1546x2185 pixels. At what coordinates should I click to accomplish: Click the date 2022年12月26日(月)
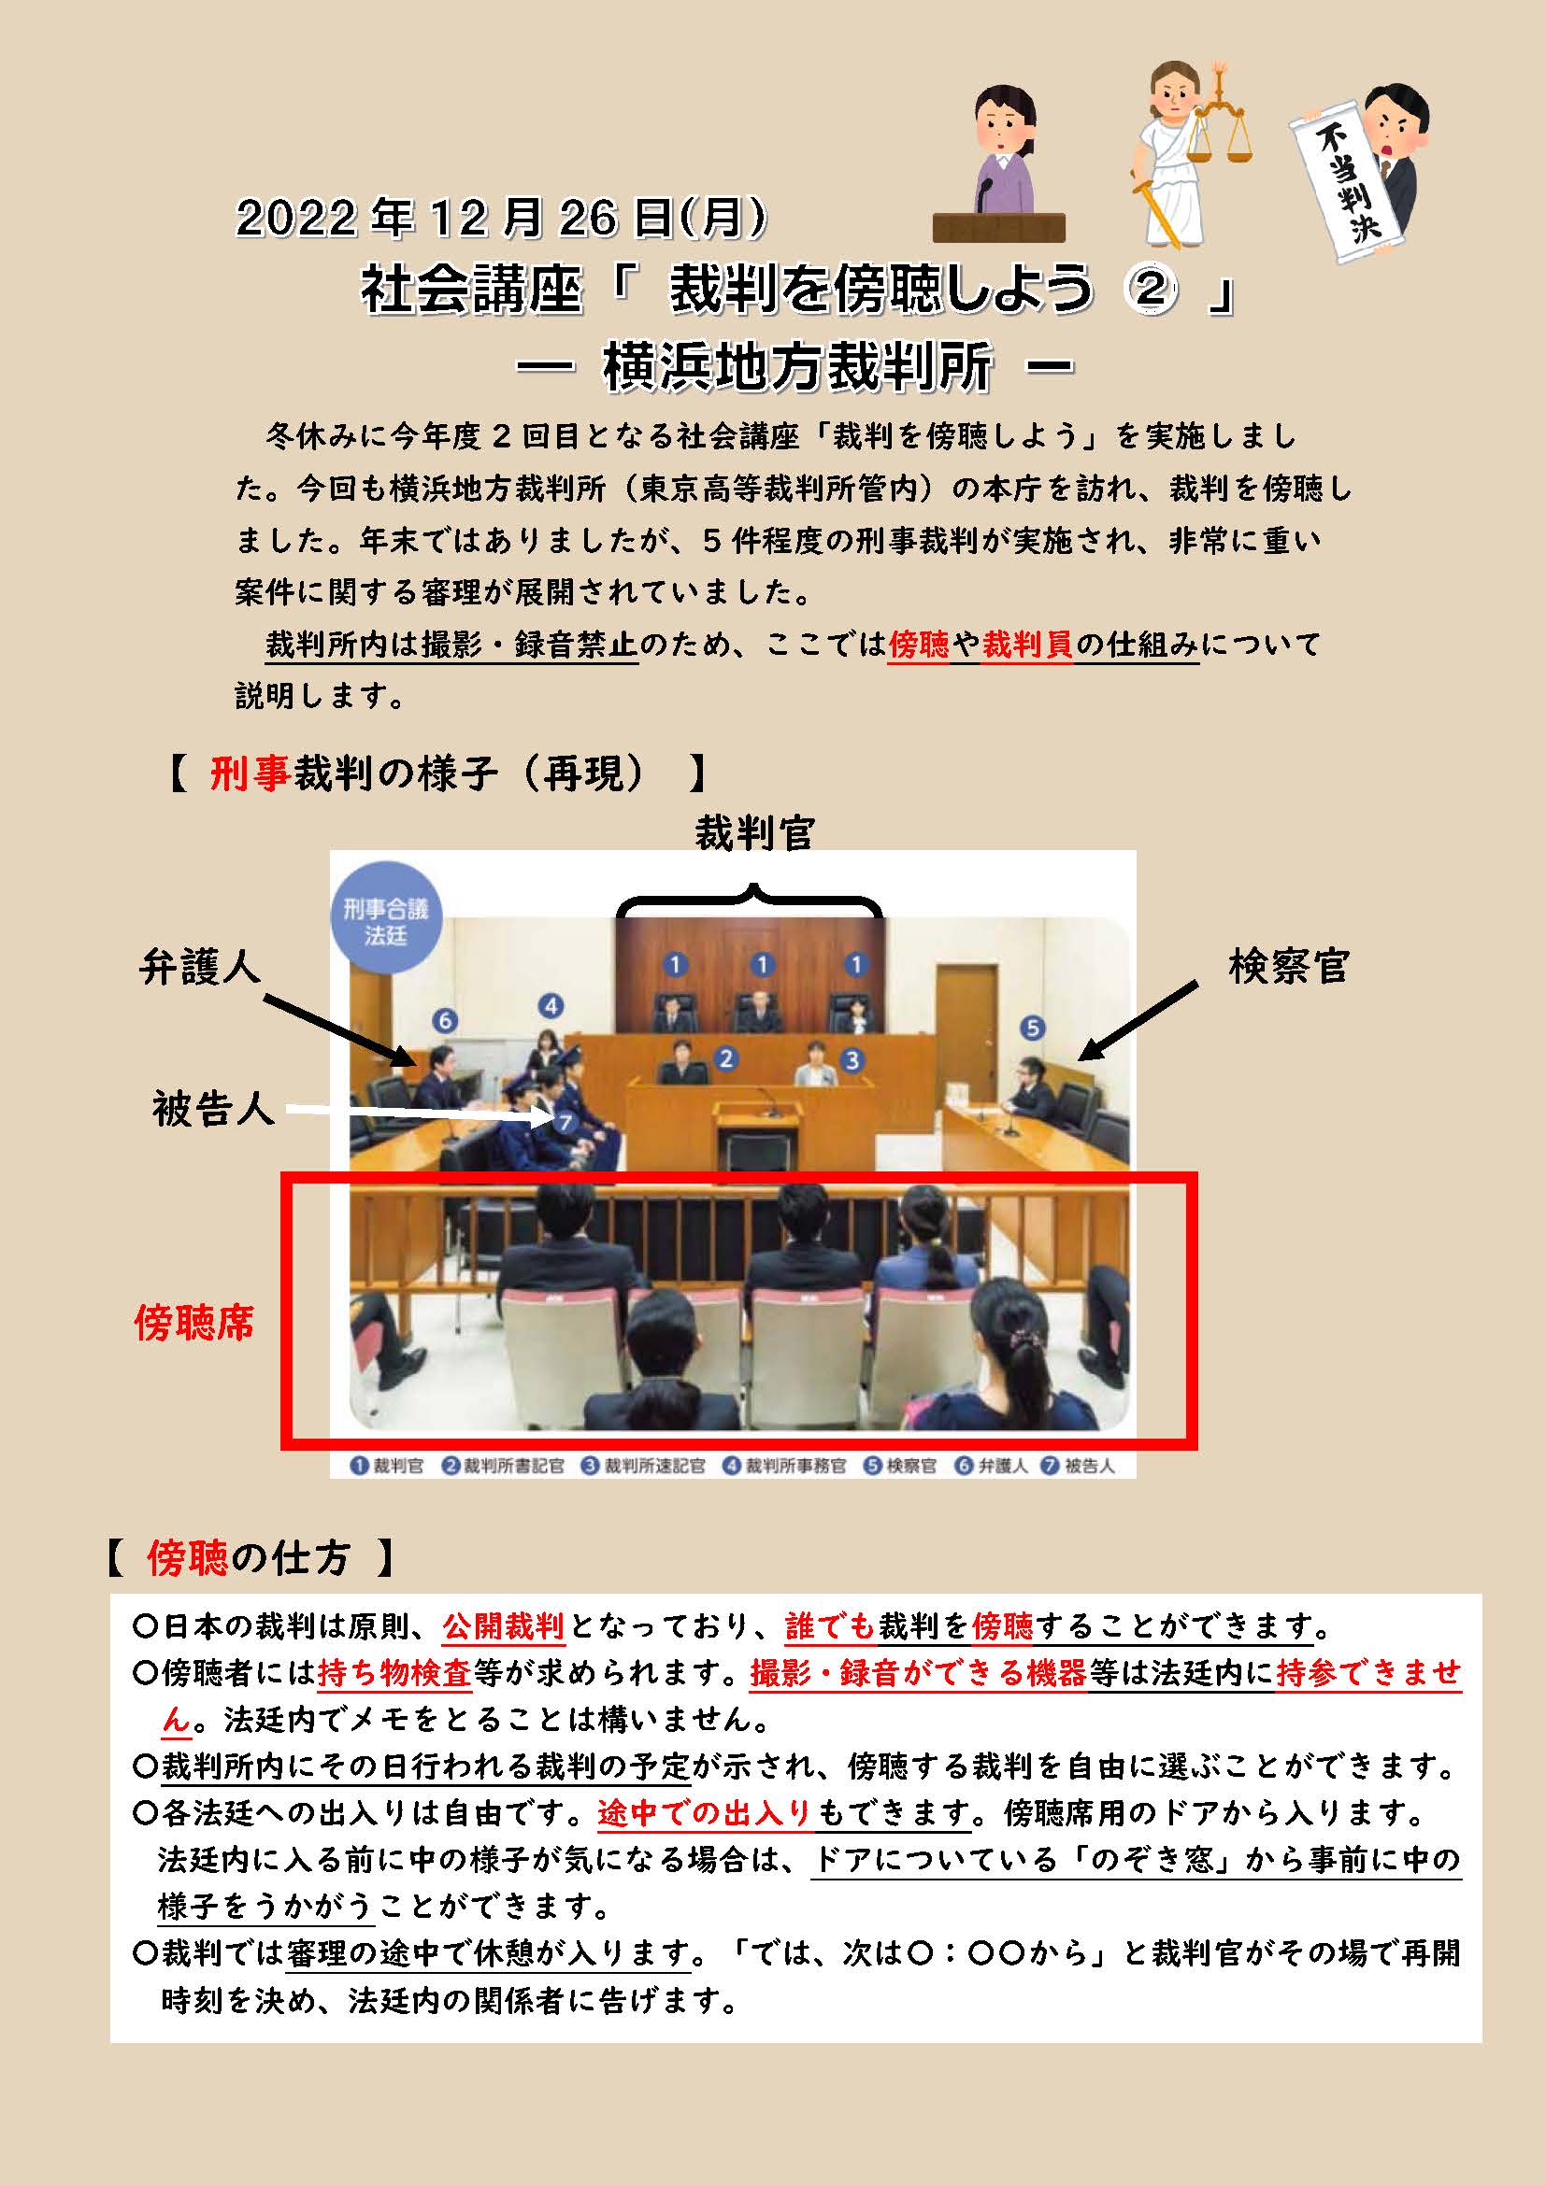tap(501, 218)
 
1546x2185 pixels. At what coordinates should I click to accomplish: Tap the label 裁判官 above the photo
tap(754, 832)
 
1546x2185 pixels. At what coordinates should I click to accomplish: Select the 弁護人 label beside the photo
tap(199, 967)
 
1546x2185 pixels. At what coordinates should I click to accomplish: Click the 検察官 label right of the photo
tap(1289, 966)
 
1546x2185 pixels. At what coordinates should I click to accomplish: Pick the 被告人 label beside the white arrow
tap(213, 1109)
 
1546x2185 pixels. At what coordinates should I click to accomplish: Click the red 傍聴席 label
tap(194, 1322)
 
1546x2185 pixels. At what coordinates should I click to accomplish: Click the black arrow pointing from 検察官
tap(1138, 1021)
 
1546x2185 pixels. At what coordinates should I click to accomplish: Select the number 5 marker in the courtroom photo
tap(1032, 1028)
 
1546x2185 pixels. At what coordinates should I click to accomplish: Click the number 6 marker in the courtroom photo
tap(445, 1021)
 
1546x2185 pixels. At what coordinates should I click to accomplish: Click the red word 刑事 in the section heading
tap(251, 773)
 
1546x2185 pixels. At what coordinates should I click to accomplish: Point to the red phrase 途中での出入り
tap(705, 1813)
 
